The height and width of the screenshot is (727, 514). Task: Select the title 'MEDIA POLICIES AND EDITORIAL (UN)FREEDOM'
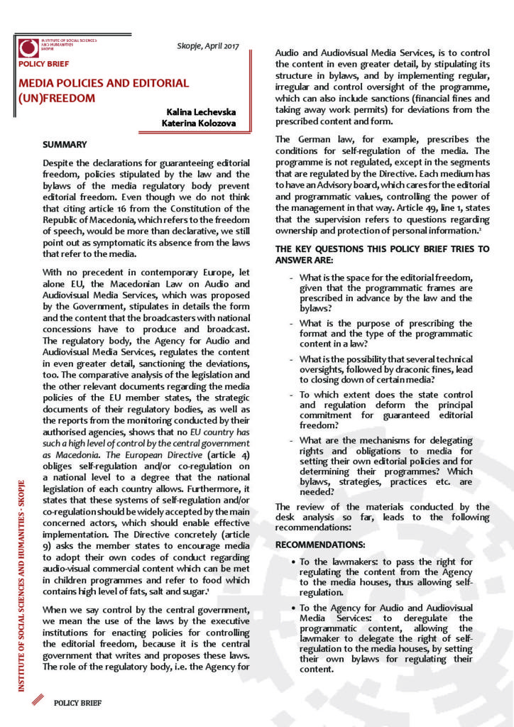click(103, 90)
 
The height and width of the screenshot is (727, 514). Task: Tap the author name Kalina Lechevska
click(201, 112)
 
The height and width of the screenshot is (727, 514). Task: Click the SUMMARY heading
click(65, 145)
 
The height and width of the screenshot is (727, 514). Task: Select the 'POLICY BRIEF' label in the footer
click(77, 703)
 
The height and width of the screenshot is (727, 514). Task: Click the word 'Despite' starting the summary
click(59, 163)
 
